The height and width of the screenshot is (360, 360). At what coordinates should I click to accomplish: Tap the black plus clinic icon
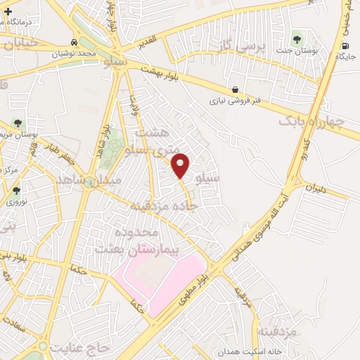[8, 11]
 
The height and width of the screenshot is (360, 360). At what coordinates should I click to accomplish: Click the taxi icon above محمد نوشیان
[75, 42]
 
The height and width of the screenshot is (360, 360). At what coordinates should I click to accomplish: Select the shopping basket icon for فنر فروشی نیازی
[235, 89]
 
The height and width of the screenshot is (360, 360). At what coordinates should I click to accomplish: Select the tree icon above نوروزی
[16, 190]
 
